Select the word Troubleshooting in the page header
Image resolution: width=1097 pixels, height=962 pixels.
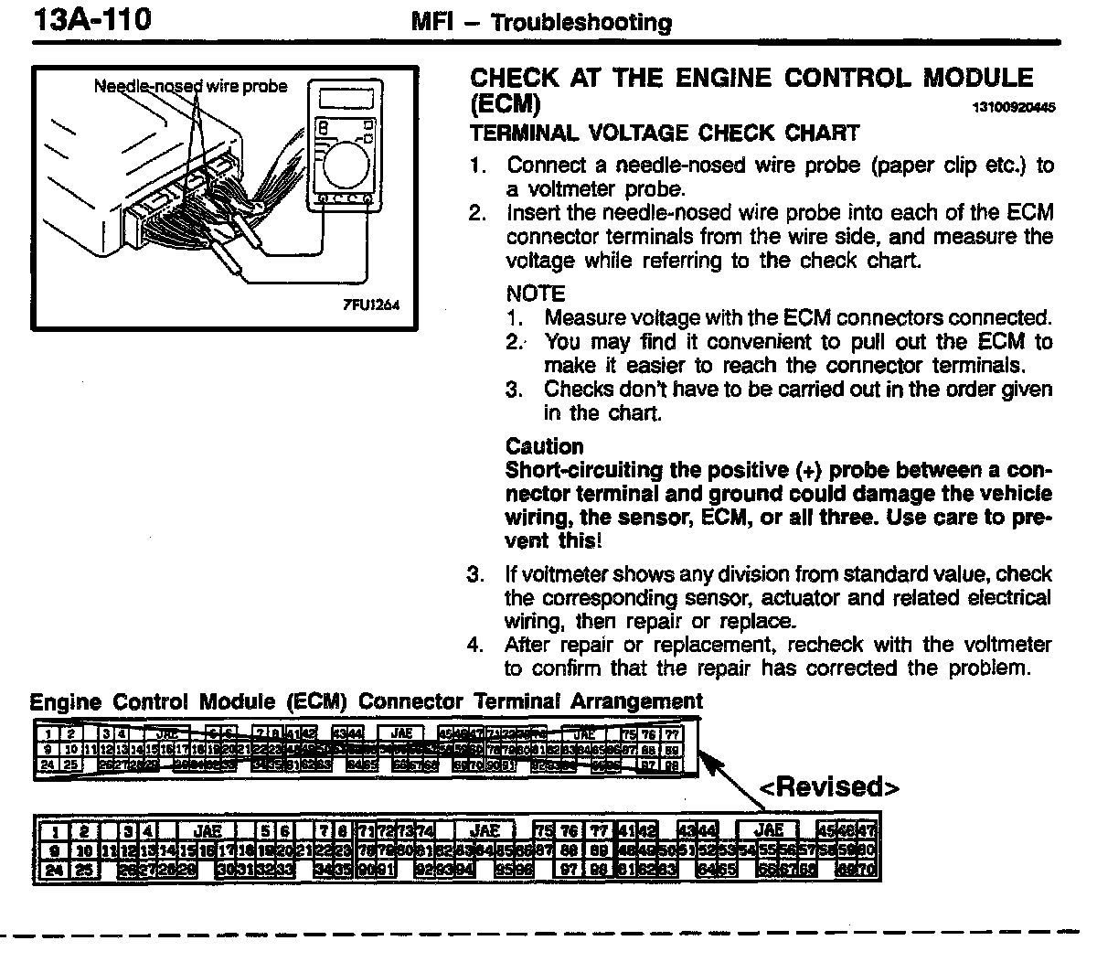[x=581, y=22]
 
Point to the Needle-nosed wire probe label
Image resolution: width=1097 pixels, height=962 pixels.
[x=190, y=87]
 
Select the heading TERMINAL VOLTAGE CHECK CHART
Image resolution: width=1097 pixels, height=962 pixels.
[x=665, y=134]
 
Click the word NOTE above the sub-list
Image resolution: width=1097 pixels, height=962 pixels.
[x=536, y=294]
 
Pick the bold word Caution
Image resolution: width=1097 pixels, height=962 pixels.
[x=544, y=446]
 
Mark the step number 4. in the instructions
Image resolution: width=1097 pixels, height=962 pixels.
[x=474, y=645]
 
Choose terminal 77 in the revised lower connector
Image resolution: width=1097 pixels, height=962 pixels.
[x=600, y=831]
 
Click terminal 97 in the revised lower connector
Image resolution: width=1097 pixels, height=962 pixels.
[x=569, y=869]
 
